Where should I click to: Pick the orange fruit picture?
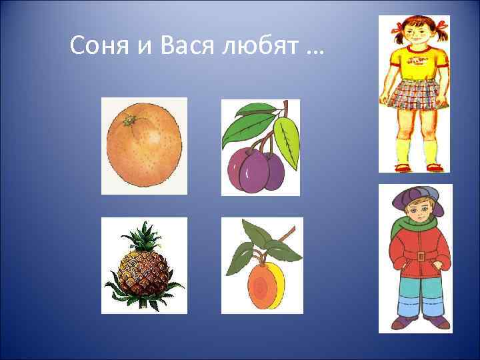pos(144,146)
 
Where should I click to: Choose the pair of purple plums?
pos(257,169)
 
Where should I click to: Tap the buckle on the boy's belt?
pos(420,256)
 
